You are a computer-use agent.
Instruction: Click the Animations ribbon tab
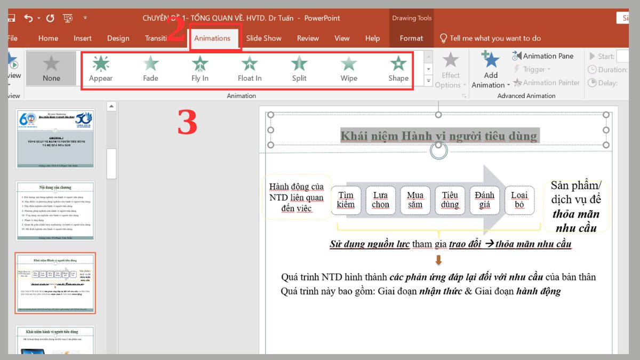click(212, 38)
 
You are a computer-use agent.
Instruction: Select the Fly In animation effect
click(199, 69)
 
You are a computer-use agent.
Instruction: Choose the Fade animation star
click(150, 69)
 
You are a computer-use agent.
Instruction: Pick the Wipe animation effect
click(349, 69)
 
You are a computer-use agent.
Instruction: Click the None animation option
click(51, 69)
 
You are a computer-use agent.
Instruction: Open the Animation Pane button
click(543, 56)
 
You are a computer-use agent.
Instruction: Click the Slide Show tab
click(263, 38)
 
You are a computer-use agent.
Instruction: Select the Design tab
click(118, 38)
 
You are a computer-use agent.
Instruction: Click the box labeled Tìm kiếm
click(346, 200)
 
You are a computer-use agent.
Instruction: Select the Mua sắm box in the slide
click(415, 200)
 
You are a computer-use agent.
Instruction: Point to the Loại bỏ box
click(519, 200)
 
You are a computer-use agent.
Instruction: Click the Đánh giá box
click(484, 200)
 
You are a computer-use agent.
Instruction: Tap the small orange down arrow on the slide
click(438, 260)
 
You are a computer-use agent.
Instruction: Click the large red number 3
click(187, 123)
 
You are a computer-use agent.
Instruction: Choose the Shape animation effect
click(398, 69)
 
